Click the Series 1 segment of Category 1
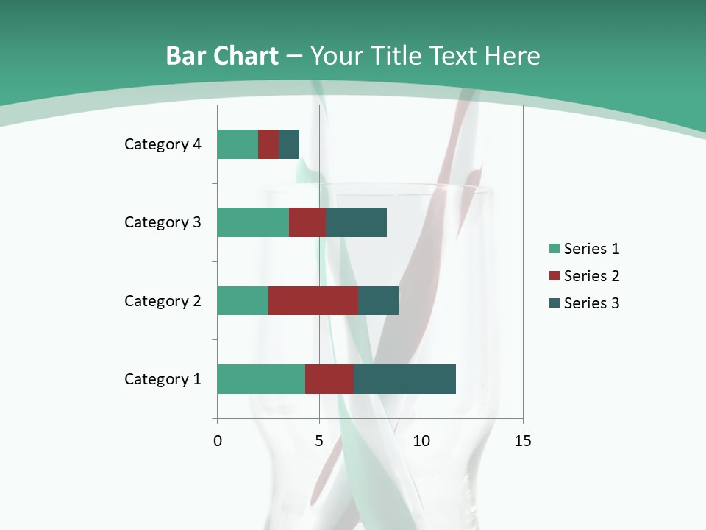(261, 379)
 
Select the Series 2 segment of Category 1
(329, 379)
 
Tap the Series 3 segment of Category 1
(404, 379)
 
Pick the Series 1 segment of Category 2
(243, 300)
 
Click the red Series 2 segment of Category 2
(313, 300)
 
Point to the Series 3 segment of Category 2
(378, 300)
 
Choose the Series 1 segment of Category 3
(253, 222)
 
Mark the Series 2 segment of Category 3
(307, 222)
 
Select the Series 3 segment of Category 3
(356, 222)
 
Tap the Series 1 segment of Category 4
(238, 144)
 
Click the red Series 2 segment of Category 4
(268, 144)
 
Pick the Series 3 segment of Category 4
(289, 144)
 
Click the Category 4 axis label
(163, 144)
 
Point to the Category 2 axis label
(163, 300)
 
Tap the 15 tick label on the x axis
(522, 441)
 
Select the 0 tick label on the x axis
(218, 441)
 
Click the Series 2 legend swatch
(554, 276)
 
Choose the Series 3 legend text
(591, 303)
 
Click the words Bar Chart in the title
(222, 56)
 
